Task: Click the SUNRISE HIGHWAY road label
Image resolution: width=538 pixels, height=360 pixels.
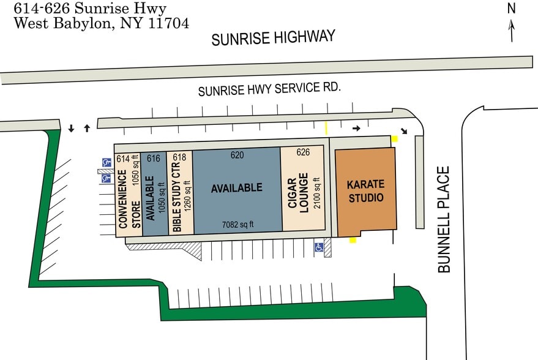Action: pyautogui.click(x=274, y=38)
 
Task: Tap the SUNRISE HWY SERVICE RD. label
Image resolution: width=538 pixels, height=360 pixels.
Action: pyautogui.click(x=269, y=89)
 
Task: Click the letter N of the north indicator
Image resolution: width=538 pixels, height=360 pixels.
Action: pyautogui.click(x=512, y=9)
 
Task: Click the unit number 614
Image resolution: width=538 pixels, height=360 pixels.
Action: pyautogui.click(x=123, y=159)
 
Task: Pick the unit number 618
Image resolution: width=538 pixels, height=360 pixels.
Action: pyautogui.click(x=179, y=158)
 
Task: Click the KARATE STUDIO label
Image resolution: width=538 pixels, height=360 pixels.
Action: pyautogui.click(x=365, y=190)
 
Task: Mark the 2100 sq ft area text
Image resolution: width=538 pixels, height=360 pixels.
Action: pyautogui.click(x=316, y=193)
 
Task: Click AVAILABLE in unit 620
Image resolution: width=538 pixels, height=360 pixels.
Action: pyautogui.click(x=236, y=188)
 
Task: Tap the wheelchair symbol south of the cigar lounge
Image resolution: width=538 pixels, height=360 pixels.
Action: pyautogui.click(x=319, y=247)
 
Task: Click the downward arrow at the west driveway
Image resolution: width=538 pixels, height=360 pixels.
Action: pyautogui.click(x=72, y=128)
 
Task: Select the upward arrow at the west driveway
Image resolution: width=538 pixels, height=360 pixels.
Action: pyautogui.click(x=87, y=128)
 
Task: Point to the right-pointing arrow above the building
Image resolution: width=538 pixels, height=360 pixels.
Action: pyautogui.click(x=357, y=129)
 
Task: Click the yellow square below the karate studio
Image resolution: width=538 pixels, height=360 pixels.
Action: pyautogui.click(x=353, y=240)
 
